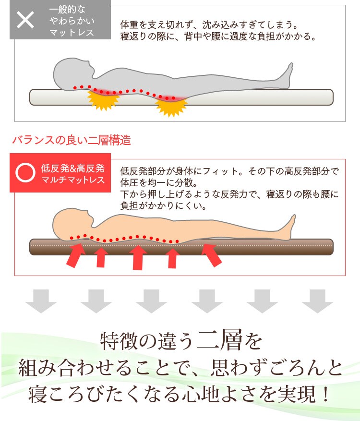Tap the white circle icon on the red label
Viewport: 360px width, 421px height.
click(25, 173)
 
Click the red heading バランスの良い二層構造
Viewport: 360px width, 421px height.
click(71, 141)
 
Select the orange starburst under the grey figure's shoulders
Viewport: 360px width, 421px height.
click(103, 100)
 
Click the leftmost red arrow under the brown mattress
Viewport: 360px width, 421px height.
click(75, 255)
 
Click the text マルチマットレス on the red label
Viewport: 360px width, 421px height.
click(72, 180)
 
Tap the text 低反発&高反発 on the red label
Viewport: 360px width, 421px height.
click(72, 168)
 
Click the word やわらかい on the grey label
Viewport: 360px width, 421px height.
click(72, 21)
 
